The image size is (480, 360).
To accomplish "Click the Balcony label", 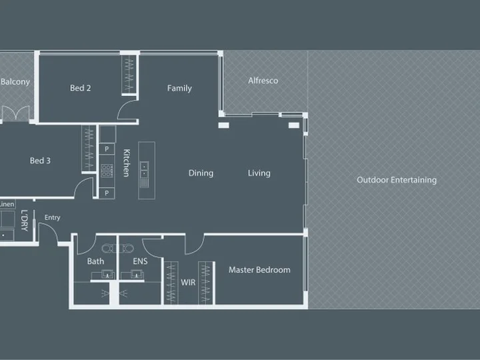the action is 15,82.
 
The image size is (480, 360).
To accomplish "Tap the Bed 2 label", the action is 80,88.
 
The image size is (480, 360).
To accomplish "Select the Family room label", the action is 179,89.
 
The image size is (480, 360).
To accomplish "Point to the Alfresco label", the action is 263,81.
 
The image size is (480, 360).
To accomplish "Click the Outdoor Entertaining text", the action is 397,180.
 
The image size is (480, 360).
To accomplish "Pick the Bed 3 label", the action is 40,161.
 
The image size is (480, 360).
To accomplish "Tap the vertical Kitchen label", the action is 127,163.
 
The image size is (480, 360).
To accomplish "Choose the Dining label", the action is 201,173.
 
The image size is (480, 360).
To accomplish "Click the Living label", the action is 259,173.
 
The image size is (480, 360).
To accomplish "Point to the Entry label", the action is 53,217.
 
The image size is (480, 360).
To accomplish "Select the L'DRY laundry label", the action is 25,221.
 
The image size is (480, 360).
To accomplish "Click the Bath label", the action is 95,261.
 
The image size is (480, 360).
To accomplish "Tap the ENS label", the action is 140,261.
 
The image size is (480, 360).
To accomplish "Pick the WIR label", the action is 188,283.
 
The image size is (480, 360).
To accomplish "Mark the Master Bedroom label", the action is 259,270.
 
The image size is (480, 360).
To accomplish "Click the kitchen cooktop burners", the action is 107,171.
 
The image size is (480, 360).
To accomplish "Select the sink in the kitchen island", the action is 144,170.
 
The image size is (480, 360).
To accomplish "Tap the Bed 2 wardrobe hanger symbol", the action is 129,74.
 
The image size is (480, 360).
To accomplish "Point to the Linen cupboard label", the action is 7,204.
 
